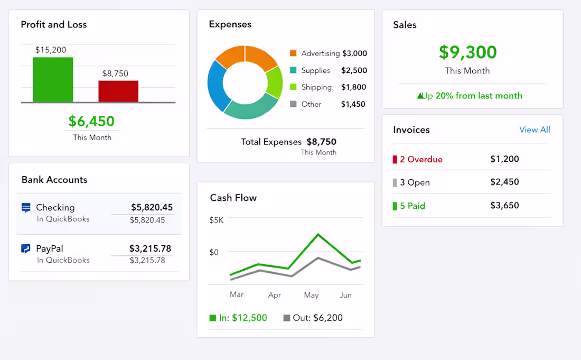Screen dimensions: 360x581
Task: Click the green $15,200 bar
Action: pyautogui.click(x=53, y=79)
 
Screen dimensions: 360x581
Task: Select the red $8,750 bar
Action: pyautogui.click(x=118, y=91)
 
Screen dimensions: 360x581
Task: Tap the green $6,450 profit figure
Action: pyautogui.click(x=91, y=121)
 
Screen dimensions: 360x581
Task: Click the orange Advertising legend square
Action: pyautogui.click(x=293, y=53)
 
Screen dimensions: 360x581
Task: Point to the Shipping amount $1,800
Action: pyautogui.click(x=353, y=87)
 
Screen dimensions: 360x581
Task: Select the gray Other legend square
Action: pyautogui.click(x=293, y=104)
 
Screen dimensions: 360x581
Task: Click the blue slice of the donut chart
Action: pyautogui.click(x=216, y=85)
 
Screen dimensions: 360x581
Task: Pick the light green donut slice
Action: pyautogui.click(x=274, y=82)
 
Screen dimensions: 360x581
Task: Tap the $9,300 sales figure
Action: pyautogui.click(x=467, y=52)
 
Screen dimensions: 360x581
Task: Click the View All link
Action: pyautogui.click(x=535, y=130)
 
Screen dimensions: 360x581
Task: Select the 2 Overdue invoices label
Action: pyautogui.click(x=421, y=159)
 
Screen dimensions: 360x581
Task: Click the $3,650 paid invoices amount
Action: pyautogui.click(x=504, y=206)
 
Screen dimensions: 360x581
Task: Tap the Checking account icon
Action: pyautogui.click(x=26, y=208)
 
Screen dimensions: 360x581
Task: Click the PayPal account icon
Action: pyautogui.click(x=26, y=248)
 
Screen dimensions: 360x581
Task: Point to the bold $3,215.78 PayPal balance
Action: pyautogui.click(x=150, y=248)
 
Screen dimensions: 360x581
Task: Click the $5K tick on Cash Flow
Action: pyautogui.click(x=217, y=220)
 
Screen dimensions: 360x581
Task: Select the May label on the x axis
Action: pyautogui.click(x=311, y=295)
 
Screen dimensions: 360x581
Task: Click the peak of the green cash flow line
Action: pyautogui.click(x=318, y=234)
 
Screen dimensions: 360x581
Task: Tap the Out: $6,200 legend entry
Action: pyautogui.click(x=313, y=318)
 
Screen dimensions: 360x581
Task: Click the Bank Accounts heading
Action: pyautogui.click(x=54, y=180)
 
